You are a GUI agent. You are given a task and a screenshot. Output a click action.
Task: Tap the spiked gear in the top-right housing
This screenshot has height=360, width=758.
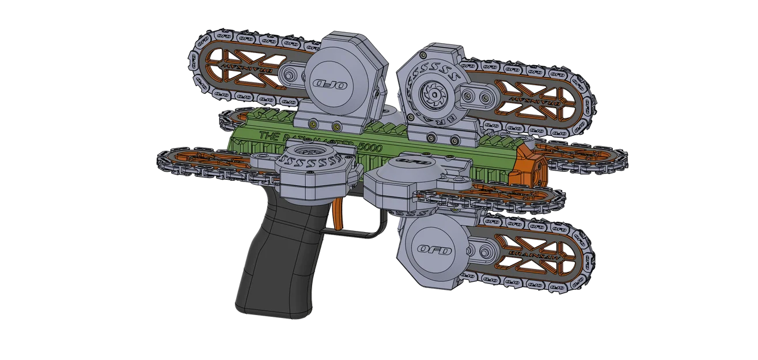430,93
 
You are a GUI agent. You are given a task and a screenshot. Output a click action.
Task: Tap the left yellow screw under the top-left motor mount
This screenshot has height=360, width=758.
313,123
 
